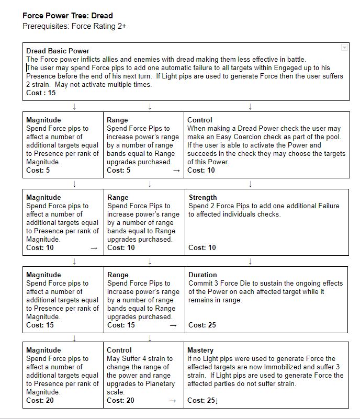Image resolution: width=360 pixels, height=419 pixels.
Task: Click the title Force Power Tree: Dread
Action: (x=67, y=16)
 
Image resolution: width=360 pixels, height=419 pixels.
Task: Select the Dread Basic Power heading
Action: (x=58, y=51)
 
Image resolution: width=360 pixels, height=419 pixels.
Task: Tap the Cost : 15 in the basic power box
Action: (x=41, y=93)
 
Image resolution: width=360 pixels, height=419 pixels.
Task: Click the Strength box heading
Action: (x=203, y=197)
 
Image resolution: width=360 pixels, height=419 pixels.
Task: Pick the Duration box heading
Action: (x=203, y=275)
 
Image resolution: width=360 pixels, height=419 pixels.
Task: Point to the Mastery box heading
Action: (x=200, y=350)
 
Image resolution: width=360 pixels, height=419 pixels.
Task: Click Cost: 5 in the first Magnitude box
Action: (x=38, y=170)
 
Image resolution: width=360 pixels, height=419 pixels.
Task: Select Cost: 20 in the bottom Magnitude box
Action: (x=40, y=400)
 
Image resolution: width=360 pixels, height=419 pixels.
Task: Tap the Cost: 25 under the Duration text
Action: (x=202, y=325)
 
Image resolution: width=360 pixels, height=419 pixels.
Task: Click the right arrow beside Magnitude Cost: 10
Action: (x=94, y=248)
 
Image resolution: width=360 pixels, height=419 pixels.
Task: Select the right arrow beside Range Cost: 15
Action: (x=175, y=325)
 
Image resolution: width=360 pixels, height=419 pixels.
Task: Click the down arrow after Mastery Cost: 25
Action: (x=216, y=401)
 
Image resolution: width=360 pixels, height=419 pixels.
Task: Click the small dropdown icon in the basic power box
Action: (x=344, y=48)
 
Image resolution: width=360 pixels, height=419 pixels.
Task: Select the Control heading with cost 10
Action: (x=200, y=120)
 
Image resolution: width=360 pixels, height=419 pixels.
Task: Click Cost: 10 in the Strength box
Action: (x=202, y=247)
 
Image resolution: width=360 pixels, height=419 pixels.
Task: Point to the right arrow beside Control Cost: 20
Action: (x=175, y=401)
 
